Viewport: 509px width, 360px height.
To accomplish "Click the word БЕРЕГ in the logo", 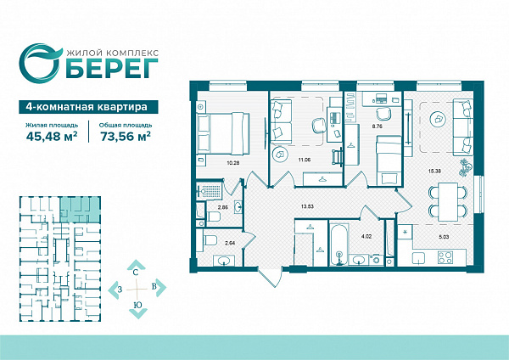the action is (112, 69).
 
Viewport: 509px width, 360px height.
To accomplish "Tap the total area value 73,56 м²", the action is (126, 137).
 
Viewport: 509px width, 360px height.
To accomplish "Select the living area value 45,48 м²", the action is (52, 137).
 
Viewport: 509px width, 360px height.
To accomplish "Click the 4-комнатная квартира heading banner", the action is (88, 107).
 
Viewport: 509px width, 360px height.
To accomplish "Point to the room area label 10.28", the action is (233, 163).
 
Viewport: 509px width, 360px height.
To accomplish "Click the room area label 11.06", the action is (305, 160).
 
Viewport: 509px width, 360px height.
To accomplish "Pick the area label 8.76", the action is (377, 127).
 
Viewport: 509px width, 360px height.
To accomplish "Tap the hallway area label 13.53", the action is (307, 206).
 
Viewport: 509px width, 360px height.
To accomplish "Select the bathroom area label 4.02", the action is (366, 237).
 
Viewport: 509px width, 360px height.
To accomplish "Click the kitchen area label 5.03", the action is (444, 237).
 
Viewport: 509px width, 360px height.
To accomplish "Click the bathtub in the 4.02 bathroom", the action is (338, 244).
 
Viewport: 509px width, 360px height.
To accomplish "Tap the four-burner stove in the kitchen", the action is (445, 257).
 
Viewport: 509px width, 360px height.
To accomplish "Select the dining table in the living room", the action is (448, 202).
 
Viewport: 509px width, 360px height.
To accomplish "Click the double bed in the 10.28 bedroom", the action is (224, 133).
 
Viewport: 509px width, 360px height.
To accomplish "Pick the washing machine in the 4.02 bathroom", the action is (376, 260).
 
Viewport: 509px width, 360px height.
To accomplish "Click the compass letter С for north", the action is (136, 273).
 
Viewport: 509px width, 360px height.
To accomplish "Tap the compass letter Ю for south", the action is (138, 305).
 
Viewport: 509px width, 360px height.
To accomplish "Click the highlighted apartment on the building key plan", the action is (80, 210).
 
